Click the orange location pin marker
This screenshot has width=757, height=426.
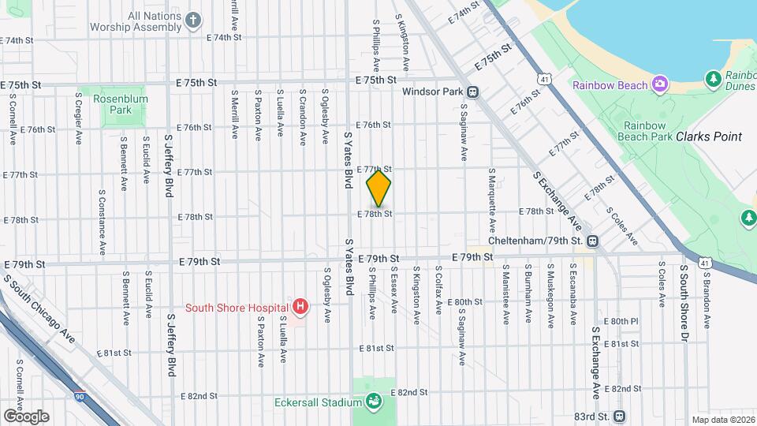tap(379, 189)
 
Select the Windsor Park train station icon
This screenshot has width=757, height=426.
tap(473, 92)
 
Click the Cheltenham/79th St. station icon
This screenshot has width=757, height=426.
tap(592, 241)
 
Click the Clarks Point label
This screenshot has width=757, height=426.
tap(709, 136)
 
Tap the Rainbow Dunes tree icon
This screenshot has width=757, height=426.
tap(713, 78)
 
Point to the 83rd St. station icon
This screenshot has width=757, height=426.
tap(619, 416)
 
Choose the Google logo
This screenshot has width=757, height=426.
tap(26, 416)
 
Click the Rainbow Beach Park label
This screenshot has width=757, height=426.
tap(648, 131)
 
